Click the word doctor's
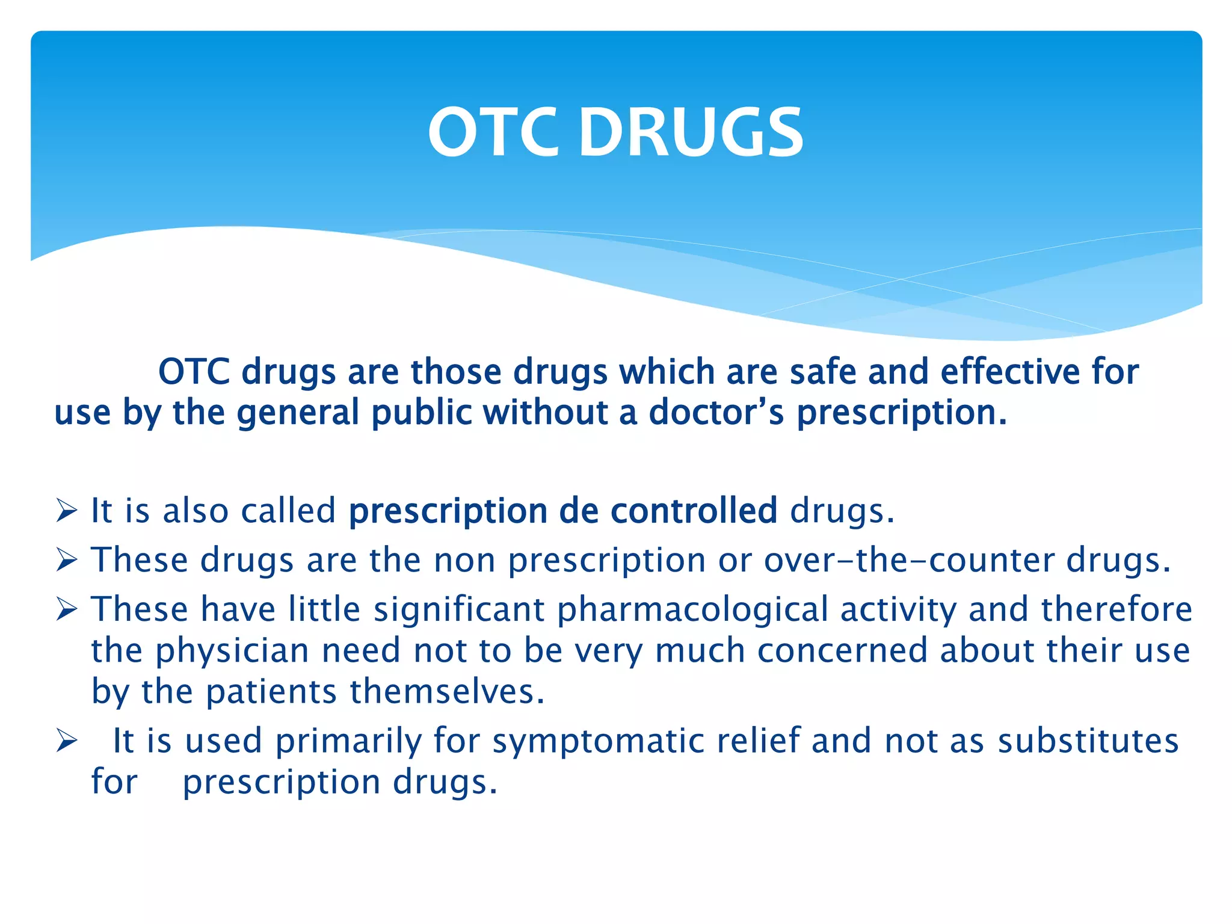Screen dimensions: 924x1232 point(716,413)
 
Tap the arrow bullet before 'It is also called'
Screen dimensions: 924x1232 point(66,511)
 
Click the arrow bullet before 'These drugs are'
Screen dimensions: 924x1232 point(66,560)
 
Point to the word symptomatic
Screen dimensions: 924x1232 point(598,741)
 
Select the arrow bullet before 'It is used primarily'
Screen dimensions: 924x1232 point(66,741)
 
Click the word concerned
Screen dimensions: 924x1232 point(842,651)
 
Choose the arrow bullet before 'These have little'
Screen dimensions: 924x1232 point(66,609)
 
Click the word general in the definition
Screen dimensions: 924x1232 point(297,413)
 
